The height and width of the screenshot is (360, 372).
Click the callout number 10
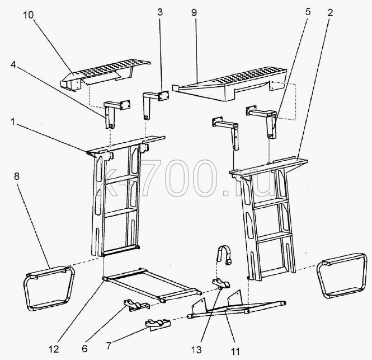click(x=29, y=15)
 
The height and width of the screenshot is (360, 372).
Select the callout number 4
click(x=13, y=64)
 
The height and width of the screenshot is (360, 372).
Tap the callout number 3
click(x=160, y=12)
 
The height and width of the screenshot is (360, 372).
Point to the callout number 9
click(x=194, y=12)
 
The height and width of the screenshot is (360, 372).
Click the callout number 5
click(x=308, y=12)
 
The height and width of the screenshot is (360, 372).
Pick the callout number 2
click(x=330, y=12)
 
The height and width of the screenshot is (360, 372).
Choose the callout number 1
click(x=13, y=122)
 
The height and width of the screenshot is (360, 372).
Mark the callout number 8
click(x=17, y=176)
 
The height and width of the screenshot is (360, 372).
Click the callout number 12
click(x=54, y=349)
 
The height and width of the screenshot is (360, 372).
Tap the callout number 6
click(x=84, y=349)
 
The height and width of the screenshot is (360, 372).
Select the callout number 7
click(x=109, y=346)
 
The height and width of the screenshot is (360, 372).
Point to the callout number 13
click(x=197, y=349)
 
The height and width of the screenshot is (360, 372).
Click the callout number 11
click(x=236, y=351)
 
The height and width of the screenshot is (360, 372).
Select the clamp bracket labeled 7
click(x=158, y=324)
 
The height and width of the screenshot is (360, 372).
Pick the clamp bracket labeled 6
click(x=136, y=305)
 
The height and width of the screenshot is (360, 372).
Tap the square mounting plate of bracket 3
click(x=163, y=96)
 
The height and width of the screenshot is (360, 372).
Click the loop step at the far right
click(x=342, y=275)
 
